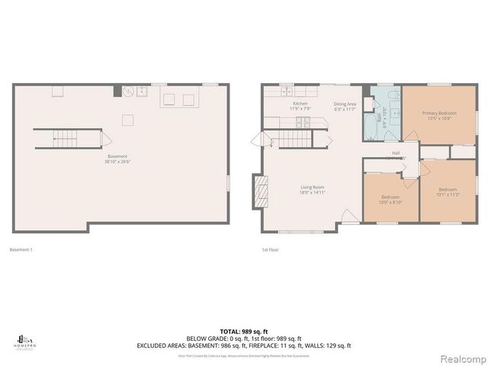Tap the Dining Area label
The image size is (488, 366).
point(345,106)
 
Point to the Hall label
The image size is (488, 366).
point(396,155)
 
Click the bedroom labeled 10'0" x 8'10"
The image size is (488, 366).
point(390,200)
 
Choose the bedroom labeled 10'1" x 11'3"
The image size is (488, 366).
point(448,191)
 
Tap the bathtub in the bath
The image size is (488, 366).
point(369,127)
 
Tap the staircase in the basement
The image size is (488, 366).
point(68,139)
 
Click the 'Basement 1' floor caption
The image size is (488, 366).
point(21,249)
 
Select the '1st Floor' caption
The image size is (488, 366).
point(270,249)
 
